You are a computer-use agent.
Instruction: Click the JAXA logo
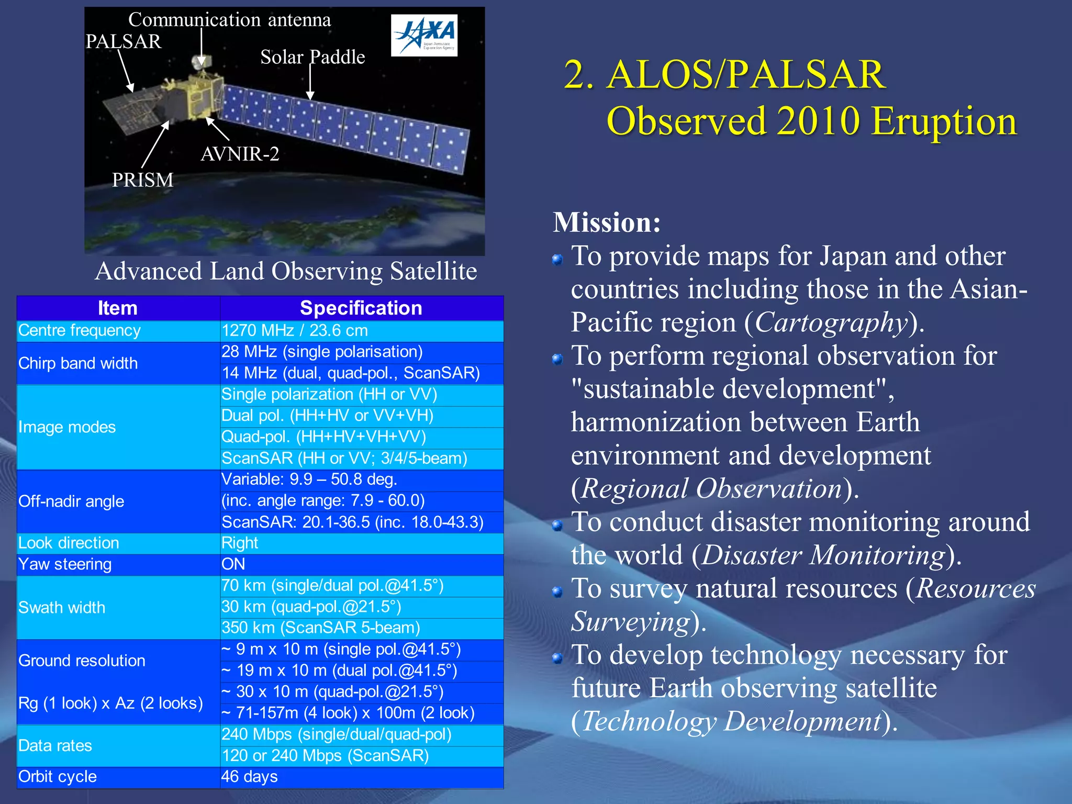[424, 35]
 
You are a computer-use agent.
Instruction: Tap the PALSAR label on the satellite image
[123, 41]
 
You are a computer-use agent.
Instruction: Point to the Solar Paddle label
[312, 57]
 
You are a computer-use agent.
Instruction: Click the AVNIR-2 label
[240, 154]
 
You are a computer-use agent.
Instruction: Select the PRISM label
[142, 180]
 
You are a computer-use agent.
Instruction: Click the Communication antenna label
[229, 20]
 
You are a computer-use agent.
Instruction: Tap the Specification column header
[361, 308]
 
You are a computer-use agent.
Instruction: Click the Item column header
[118, 308]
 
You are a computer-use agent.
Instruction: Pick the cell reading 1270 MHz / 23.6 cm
[295, 331]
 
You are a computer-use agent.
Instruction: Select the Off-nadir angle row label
[71, 501]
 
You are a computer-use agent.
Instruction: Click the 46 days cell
[249, 777]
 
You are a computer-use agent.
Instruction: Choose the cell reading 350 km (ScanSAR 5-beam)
[320, 628]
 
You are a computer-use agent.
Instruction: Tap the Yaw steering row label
[65, 564]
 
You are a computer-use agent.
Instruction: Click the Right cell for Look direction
[240, 543]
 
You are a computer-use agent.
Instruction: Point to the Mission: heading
[607, 222]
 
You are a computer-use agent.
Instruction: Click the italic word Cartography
[831, 322]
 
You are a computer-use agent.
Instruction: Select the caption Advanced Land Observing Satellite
[286, 271]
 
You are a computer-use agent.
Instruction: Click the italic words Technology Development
[732, 721]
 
